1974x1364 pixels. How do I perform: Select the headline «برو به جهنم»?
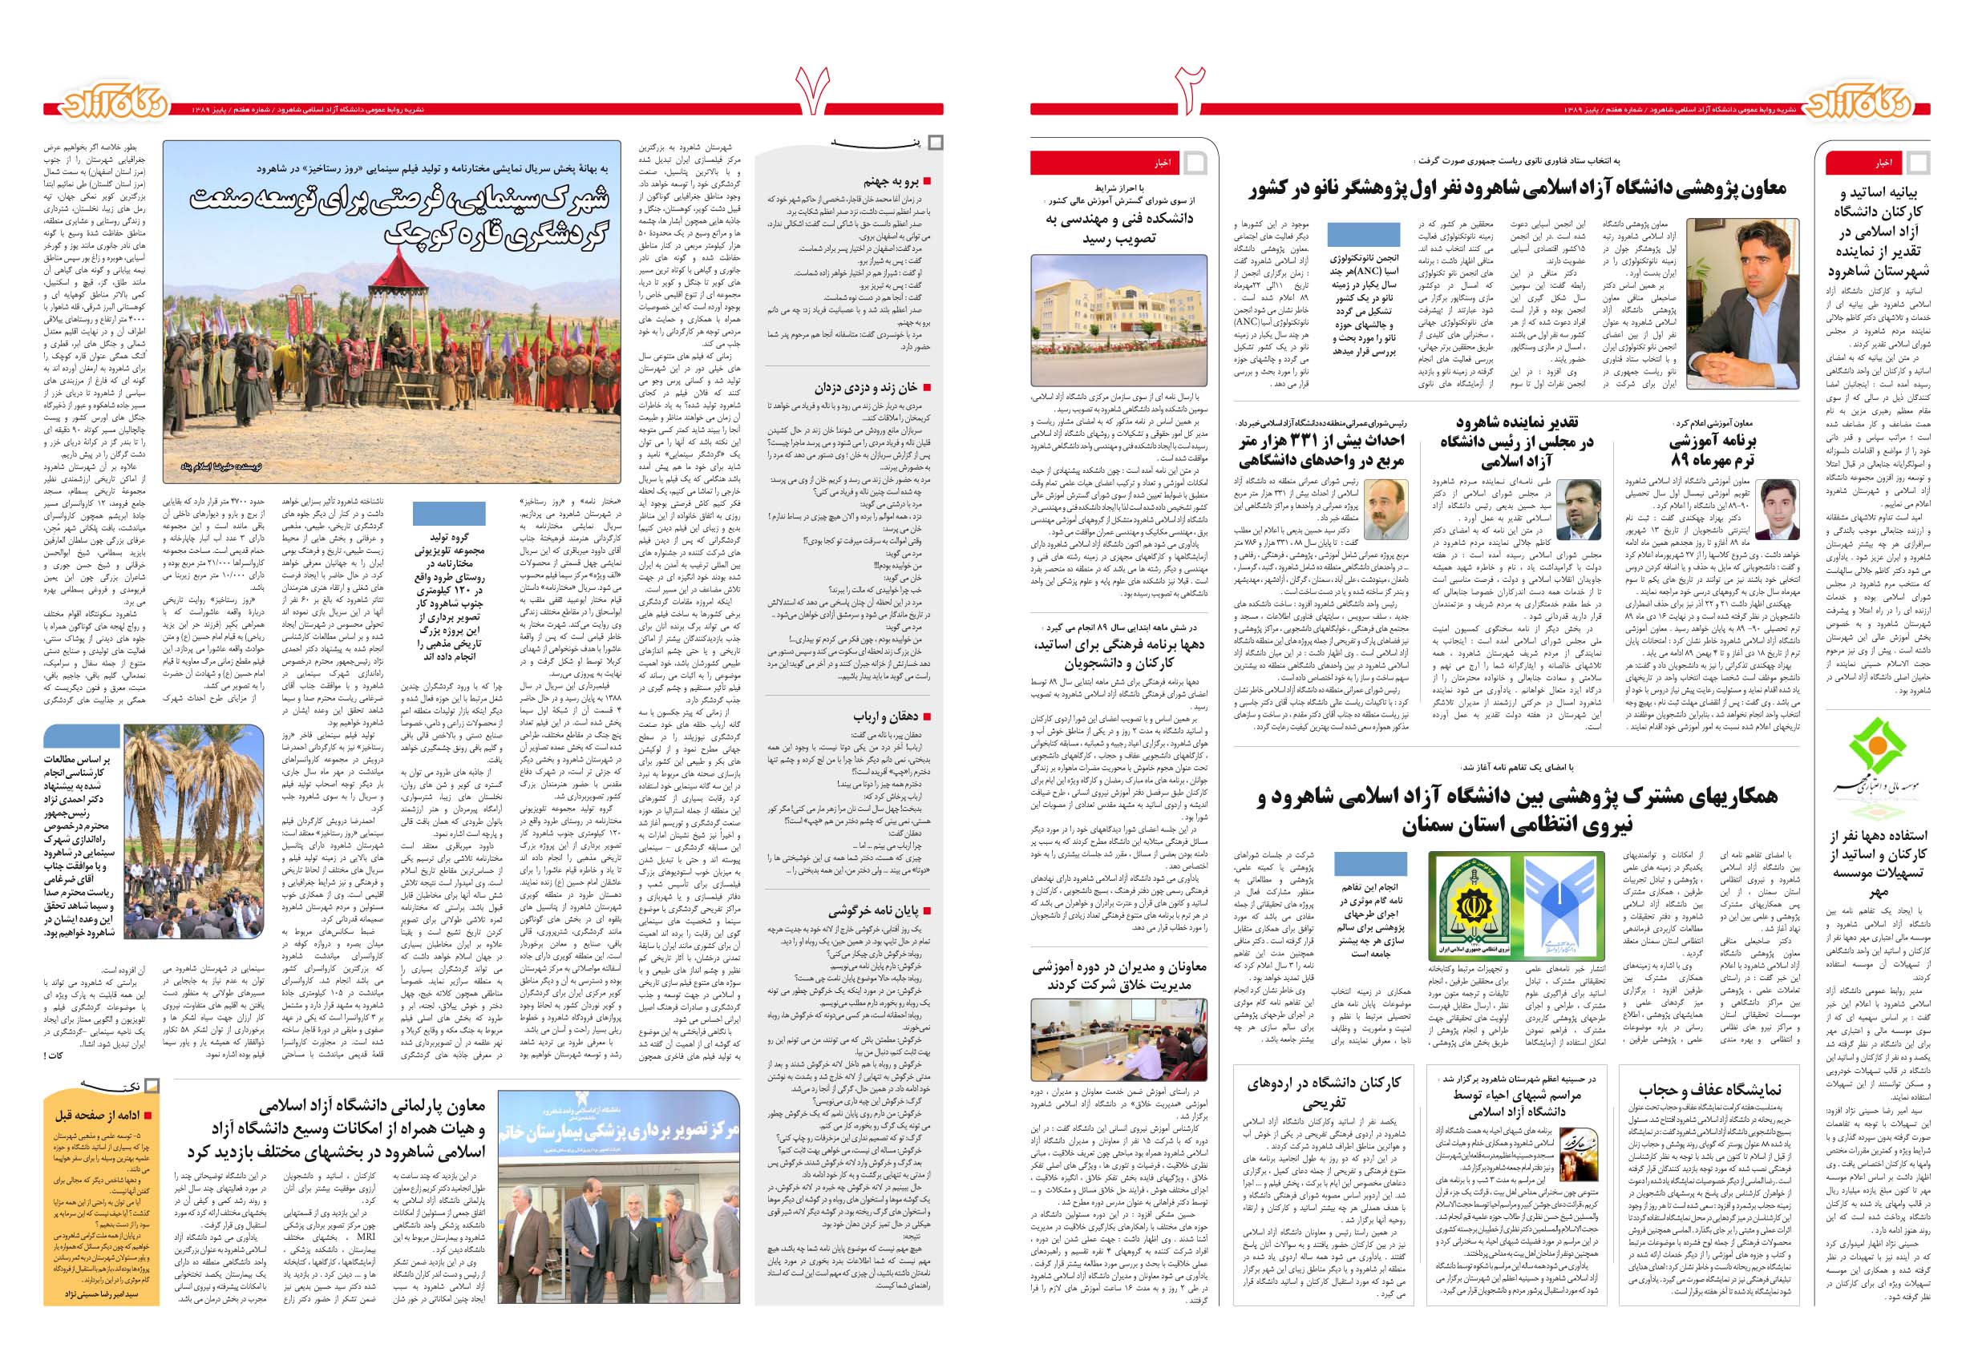pos(893,182)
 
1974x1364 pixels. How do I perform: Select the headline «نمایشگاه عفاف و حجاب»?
pos(1710,1090)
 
